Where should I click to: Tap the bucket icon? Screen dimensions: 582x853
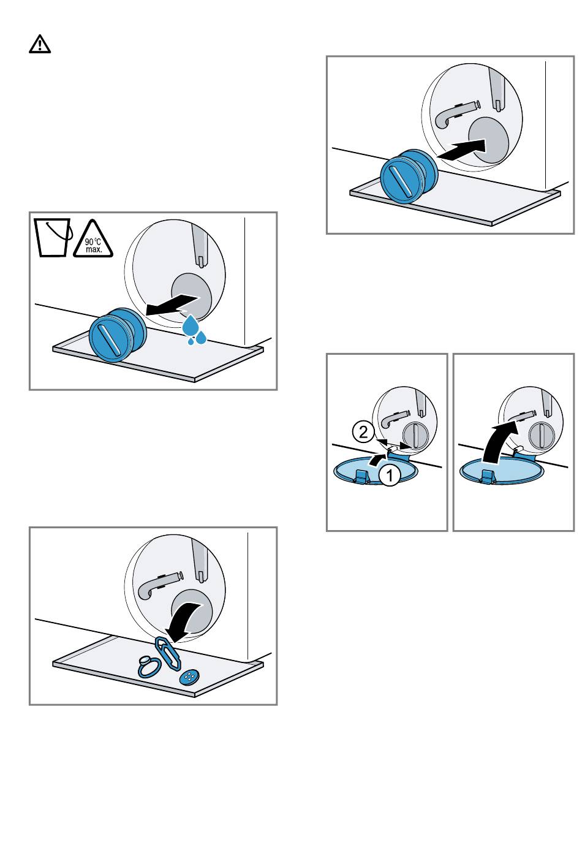[x=53, y=237]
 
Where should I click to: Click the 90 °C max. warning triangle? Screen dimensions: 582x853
[x=93, y=240]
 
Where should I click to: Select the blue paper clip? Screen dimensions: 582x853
[x=167, y=653]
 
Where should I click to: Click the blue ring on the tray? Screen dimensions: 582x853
[x=149, y=667]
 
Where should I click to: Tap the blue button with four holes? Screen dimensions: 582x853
[x=189, y=677]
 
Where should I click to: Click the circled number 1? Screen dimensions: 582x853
[x=390, y=475]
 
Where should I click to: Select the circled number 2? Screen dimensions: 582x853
[x=363, y=432]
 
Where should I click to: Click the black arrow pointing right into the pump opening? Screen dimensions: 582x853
[x=461, y=149]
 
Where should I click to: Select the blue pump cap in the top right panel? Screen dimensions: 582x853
[x=409, y=176]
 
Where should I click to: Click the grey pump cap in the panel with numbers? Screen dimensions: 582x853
[x=415, y=435]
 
